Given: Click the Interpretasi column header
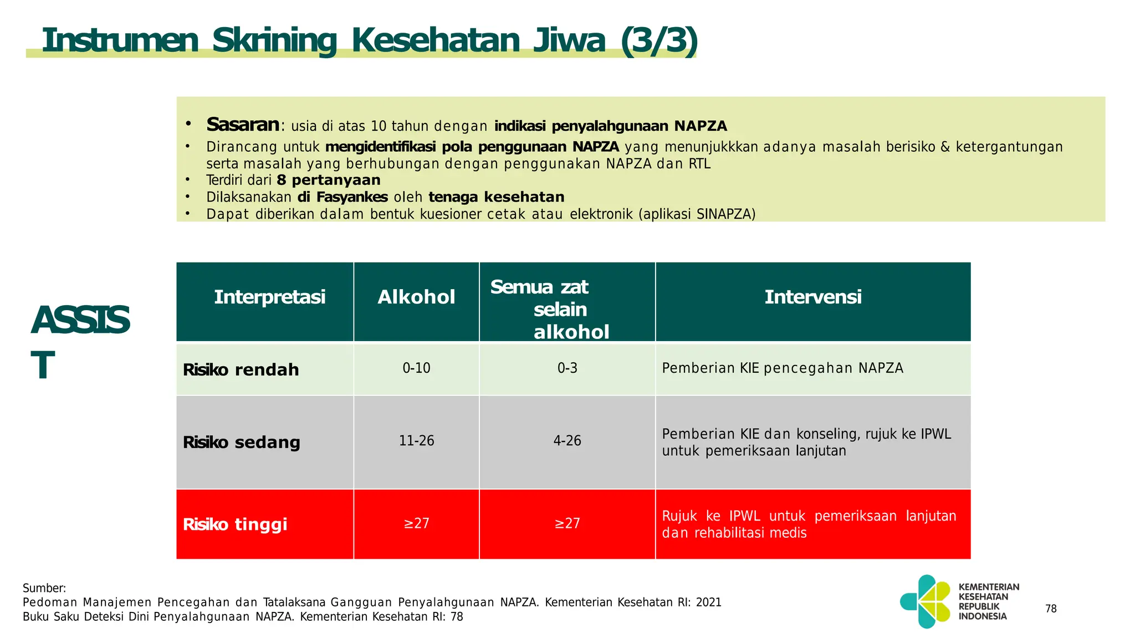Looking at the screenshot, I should [x=269, y=297].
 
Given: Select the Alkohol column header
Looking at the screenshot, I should [x=416, y=297].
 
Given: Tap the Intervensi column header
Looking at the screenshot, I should [x=812, y=297].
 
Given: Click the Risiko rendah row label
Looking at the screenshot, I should [x=241, y=369].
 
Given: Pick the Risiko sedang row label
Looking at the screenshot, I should [x=241, y=442].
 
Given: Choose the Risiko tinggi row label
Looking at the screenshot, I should [x=235, y=524].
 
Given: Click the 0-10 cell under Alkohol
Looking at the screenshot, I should [x=416, y=368].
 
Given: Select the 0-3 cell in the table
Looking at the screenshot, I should [x=567, y=368].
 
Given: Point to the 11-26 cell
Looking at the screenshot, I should [x=416, y=441].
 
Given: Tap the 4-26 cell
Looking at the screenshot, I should [x=567, y=441].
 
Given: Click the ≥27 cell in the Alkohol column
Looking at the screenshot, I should [x=416, y=523].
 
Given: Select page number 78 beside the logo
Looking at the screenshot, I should [x=1051, y=609].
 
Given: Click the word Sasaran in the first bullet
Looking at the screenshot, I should [x=243, y=125].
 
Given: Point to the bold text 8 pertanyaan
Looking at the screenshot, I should [x=329, y=180].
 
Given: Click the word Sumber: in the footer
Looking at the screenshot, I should [x=44, y=588].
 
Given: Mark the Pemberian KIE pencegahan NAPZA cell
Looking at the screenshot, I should [x=782, y=368].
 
